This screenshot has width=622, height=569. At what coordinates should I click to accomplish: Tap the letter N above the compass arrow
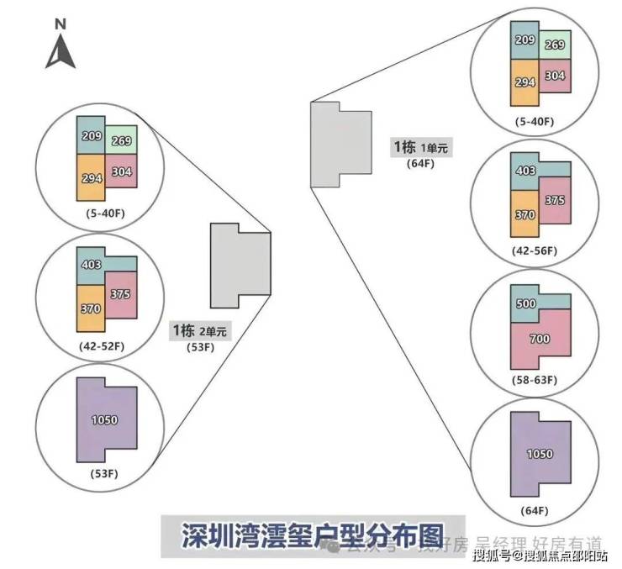61,24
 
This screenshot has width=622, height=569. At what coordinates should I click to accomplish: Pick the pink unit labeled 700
540,339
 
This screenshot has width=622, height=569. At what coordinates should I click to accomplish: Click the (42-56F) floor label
535,251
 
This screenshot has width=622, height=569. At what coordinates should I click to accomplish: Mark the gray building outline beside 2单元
240,266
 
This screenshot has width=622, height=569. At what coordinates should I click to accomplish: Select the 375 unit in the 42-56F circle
555,200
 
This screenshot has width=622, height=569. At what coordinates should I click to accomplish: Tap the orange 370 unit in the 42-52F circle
91,308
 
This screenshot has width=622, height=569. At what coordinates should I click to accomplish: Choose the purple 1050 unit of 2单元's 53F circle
105,419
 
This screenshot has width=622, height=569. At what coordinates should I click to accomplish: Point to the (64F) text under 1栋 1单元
420,163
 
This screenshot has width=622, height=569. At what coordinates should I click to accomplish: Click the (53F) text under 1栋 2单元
199,346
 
